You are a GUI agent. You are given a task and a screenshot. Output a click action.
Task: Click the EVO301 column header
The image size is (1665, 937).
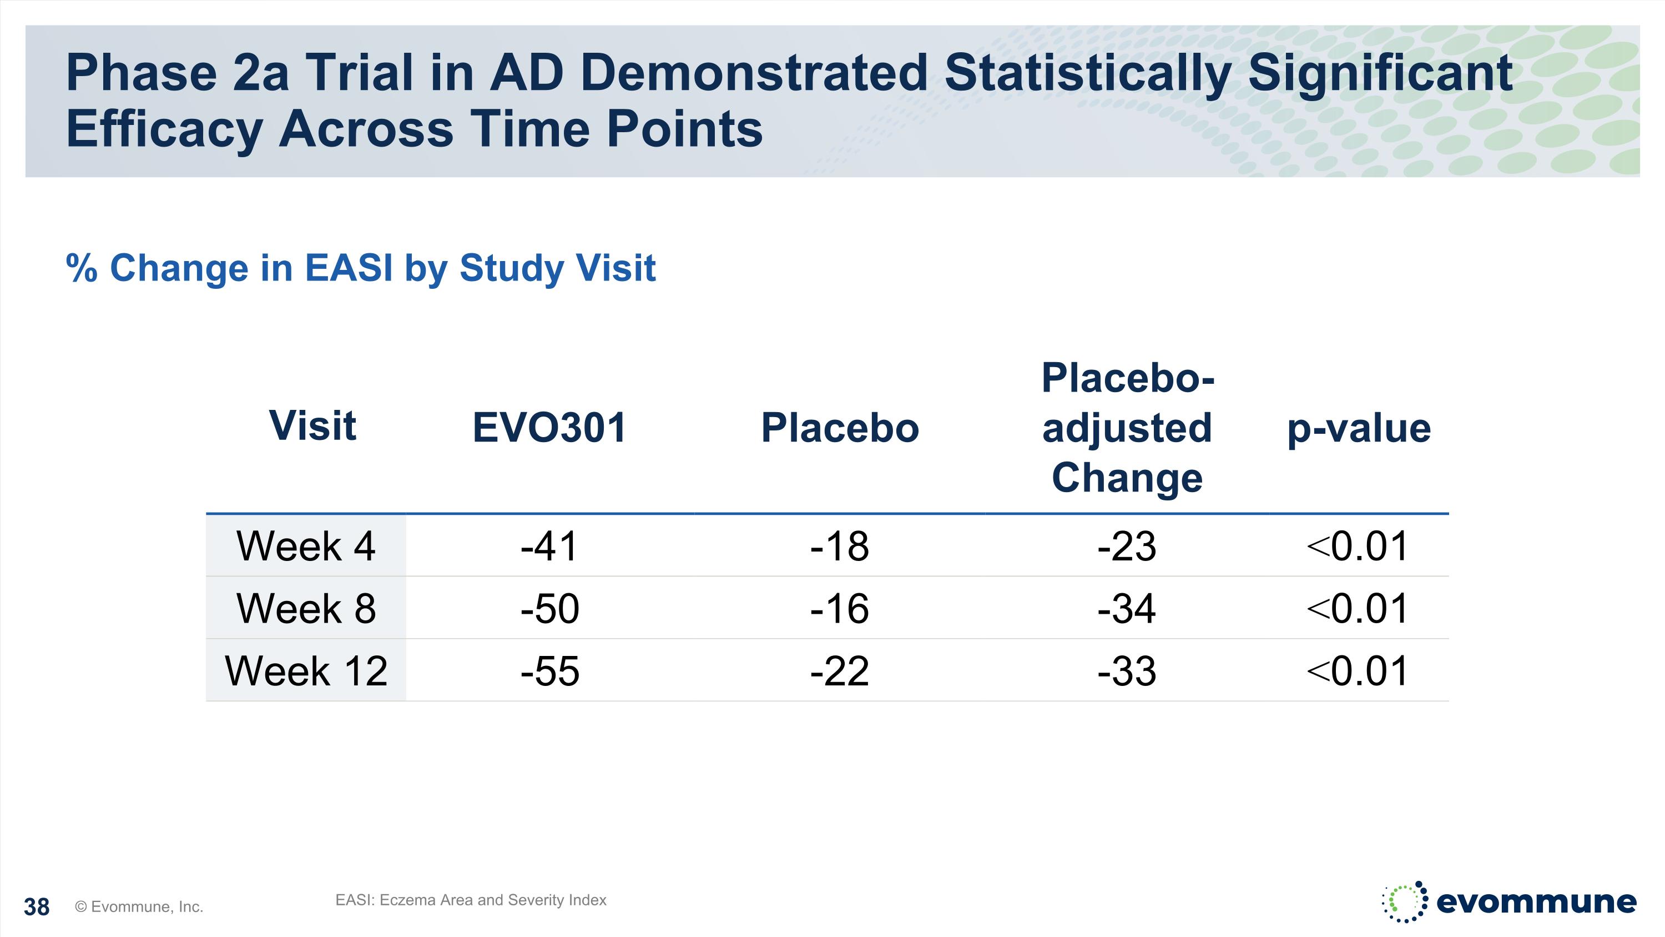(x=549, y=428)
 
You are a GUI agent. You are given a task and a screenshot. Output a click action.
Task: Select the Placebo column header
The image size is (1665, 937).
(x=840, y=428)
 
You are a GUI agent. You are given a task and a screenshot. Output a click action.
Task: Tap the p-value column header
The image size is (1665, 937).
(x=1359, y=428)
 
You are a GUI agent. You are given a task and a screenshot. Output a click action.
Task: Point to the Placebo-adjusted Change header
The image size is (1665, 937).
(x=1127, y=428)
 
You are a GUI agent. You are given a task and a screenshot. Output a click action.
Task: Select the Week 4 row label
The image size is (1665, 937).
(x=306, y=546)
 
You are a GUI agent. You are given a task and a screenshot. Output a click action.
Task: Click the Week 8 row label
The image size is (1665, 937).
(x=306, y=609)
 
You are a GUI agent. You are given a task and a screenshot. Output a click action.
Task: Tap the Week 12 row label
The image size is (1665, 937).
(x=306, y=670)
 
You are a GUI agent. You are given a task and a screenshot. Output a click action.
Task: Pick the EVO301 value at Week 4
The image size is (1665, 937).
(x=549, y=546)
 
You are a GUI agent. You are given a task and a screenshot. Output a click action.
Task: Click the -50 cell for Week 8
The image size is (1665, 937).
(x=549, y=609)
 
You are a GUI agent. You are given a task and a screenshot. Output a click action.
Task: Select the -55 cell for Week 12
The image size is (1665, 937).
(x=549, y=670)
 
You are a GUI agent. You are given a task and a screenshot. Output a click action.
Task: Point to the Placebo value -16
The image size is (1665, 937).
(x=840, y=609)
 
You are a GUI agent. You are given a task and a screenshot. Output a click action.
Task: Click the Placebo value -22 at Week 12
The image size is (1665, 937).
(x=840, y=670)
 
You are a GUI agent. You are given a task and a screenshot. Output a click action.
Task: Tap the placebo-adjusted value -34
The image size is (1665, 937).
(x=1127, y=609)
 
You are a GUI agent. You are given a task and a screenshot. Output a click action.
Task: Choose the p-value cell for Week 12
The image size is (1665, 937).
(x=1358, y=670)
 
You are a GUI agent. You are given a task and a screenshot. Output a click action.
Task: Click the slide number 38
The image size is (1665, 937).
(x=37, y=907)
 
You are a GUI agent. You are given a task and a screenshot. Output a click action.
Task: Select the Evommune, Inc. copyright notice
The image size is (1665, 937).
(x=139, y=906)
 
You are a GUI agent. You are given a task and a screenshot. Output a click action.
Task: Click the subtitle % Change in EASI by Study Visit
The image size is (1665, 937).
(x=361, y=268)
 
